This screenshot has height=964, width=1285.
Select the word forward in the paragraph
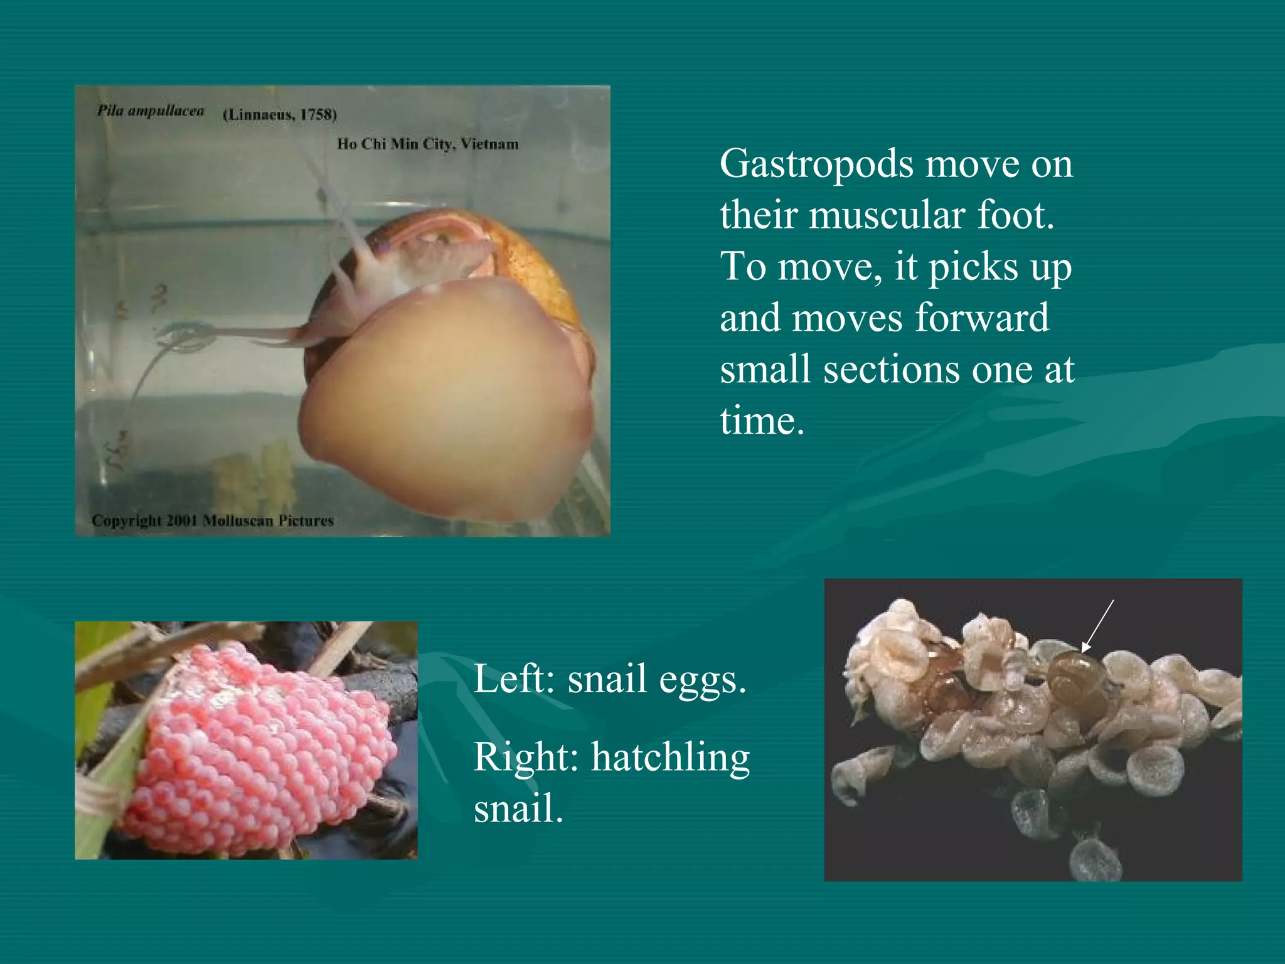[981, 318]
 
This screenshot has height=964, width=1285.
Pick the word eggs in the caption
[696, 680]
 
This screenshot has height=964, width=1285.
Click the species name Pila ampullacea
[151, 112]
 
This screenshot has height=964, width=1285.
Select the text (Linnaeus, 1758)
[280, 115]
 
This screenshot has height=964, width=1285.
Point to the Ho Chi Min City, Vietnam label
[428, 144]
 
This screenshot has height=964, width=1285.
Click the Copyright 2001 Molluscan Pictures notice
[213, 520]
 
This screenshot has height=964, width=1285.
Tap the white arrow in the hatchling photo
[1097, 626]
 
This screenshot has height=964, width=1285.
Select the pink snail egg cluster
[257, 753]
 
